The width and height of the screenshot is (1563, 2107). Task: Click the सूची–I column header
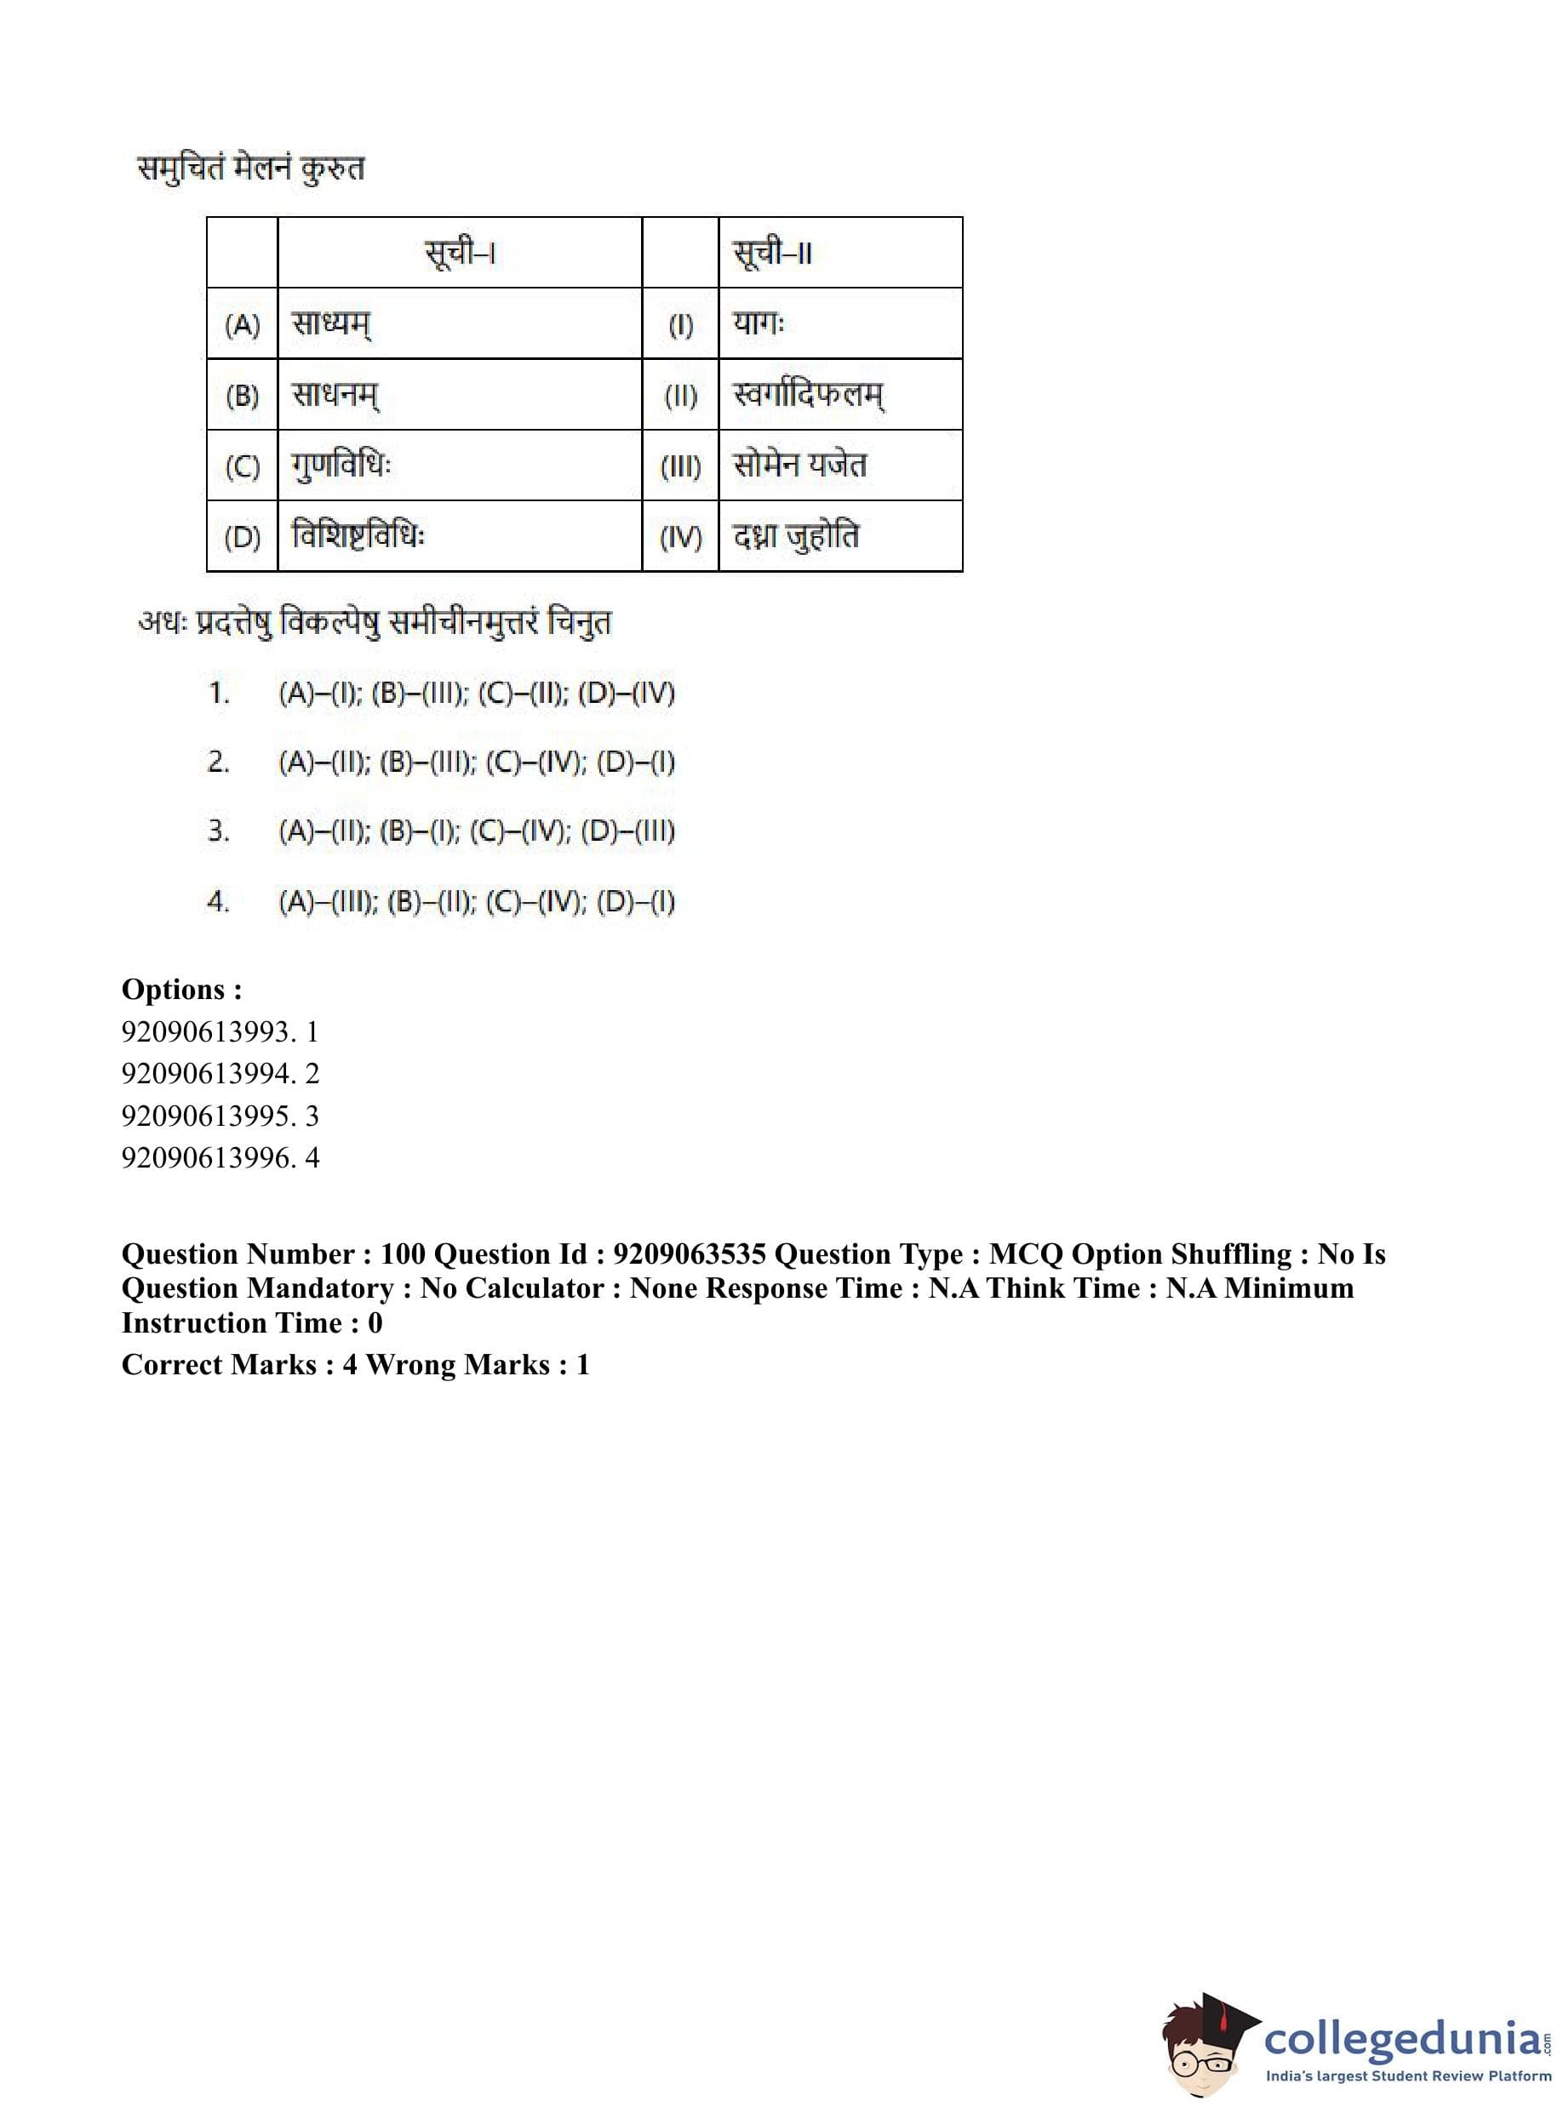[x=460, y=254]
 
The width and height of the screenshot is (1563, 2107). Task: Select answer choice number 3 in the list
[x=477, y=832]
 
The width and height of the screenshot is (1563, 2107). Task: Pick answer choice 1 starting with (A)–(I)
[x=477, y=694]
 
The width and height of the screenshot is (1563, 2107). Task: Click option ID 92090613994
[x=220, y=1073]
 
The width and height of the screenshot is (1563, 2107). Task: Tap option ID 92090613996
[x=220, y=1157]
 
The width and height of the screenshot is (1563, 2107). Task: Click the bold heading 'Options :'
[x=181, y=989]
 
